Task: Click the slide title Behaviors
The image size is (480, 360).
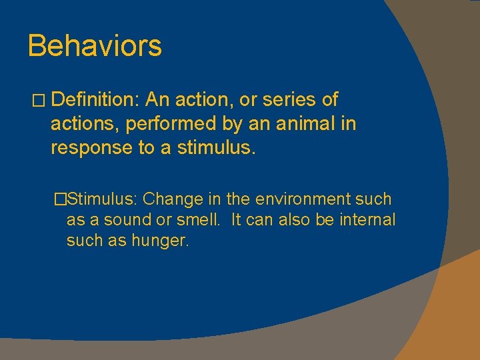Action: [x=95, y=46]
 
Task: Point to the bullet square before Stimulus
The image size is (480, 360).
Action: [x=61, y=199]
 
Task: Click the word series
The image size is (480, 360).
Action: [x=291, y=100]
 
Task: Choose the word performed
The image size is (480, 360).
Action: [x=161, y=124]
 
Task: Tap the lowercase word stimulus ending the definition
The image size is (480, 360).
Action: [x=216, y=148]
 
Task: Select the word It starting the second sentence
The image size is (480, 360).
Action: [x=237, y=220]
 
